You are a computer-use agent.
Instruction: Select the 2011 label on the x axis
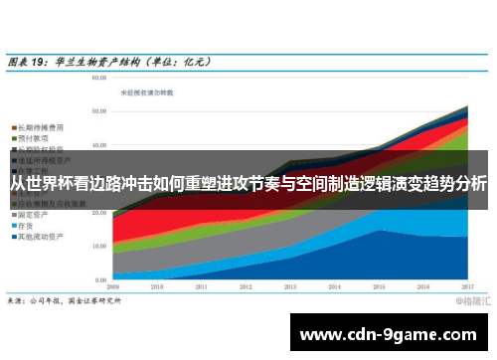(x=202, y=285)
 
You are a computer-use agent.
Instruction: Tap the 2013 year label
(x=290, y=285)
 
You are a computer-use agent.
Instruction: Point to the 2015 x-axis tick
(x=379, y=285)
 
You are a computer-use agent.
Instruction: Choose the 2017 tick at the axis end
(x=466, y=285)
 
